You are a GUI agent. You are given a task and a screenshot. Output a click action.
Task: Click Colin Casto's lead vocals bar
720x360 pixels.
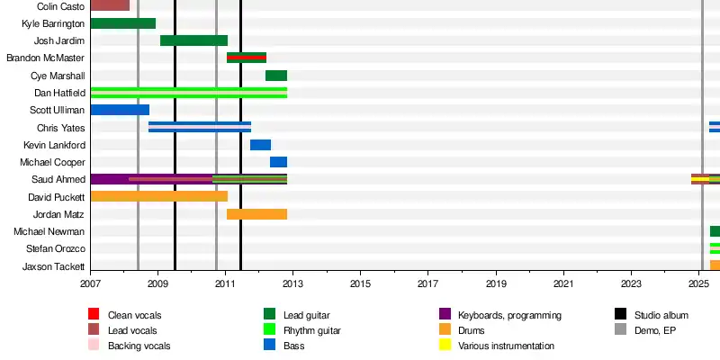pos(110,5)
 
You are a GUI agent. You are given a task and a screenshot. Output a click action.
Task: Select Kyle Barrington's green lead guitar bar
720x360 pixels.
pos(122,23)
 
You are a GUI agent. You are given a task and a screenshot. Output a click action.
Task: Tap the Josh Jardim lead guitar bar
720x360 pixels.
pos(193,40)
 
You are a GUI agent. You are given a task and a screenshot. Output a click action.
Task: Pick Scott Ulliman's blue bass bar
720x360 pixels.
pos(120,110)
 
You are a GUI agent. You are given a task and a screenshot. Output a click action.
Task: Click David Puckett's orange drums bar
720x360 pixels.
pos(158,196)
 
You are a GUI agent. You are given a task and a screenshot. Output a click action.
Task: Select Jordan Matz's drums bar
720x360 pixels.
pos(256,214)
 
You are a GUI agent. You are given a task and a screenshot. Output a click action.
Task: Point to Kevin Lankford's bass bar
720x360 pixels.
pos(260,145)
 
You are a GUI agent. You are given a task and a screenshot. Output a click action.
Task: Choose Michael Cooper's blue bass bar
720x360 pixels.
pos(278,162)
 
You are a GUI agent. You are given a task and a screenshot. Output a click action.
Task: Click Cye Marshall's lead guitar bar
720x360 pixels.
pos(275,76)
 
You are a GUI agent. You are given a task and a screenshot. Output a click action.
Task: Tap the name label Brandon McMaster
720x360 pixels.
pos(46,58)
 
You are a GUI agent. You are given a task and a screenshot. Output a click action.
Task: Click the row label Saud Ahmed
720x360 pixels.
pos(58,179)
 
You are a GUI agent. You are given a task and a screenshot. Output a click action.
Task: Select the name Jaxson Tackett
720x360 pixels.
pos(55,266)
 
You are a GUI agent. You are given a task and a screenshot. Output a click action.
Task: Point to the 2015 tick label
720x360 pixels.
pos(360,284)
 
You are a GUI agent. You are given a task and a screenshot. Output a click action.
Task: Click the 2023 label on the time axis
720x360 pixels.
pos(631,284)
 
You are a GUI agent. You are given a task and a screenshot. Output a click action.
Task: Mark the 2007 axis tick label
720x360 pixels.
pos(90,284)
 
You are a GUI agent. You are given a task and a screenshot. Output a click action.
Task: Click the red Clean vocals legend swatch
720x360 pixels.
pos(93,315)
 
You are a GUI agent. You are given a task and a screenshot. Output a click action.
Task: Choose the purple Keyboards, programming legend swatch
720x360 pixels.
pos(444,315)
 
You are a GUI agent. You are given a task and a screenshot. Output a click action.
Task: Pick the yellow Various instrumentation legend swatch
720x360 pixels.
pos(444,346)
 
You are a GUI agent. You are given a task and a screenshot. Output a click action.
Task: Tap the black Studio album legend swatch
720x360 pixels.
pos(620,315)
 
